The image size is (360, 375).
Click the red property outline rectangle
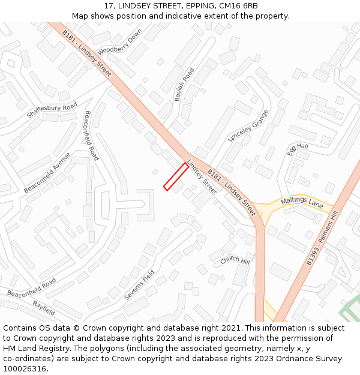coord(176,176)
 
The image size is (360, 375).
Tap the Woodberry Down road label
coord(119,41)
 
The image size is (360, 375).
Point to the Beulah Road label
coord(184,85)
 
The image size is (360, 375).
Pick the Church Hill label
coord(235,260)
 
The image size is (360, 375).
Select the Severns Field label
coord(139,286)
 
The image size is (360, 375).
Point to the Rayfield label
coord(44,308)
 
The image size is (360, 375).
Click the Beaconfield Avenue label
coord(47,172)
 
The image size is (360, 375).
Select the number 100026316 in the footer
coord(24,369)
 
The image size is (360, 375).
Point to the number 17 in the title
coord(108,6)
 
